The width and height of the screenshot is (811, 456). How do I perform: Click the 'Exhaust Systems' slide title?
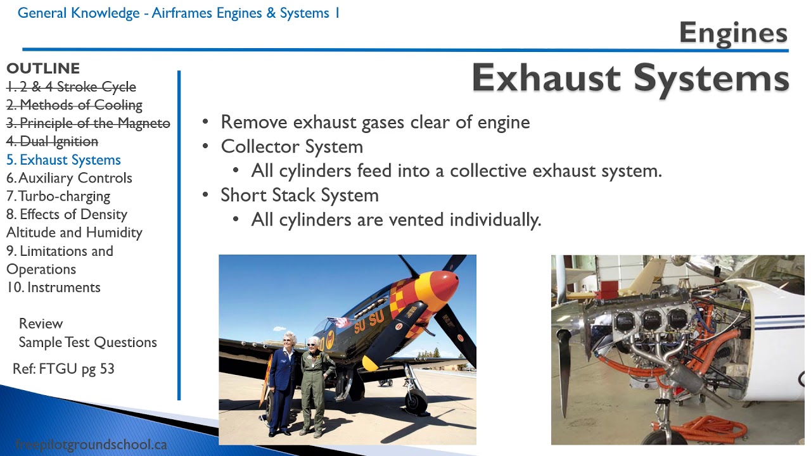coord(630,79)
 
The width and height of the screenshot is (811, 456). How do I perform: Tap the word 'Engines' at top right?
coord(733,33)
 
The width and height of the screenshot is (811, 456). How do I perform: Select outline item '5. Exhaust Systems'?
coord(63,160)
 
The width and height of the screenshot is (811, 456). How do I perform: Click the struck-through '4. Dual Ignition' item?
coord(53,141)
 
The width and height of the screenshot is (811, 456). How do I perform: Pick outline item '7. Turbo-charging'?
coord(58,196)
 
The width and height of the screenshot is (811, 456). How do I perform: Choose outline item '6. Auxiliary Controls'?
coord(69,178)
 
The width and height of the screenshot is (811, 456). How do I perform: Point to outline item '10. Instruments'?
coord(53,288)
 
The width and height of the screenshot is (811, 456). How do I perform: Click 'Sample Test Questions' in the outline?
coord(87,343)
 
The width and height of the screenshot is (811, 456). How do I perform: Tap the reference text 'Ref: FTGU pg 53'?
coord(63,369)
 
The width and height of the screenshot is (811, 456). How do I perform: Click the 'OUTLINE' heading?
coord(43,68)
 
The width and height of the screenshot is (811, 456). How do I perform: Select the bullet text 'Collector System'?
coord(291,147)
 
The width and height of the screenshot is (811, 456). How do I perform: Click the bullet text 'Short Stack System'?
coord(299,195)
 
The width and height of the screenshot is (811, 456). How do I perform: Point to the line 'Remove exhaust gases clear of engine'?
coord(375,122)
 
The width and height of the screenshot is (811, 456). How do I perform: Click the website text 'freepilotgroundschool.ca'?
coord(91,445)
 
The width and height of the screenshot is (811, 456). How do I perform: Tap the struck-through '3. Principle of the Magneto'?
coord(88,123)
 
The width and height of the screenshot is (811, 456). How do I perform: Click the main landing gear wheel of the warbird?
coord(416,402)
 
